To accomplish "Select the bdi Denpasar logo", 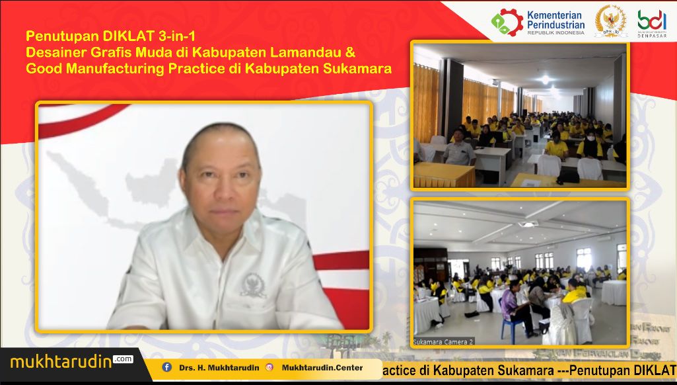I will click(x=651, y=22).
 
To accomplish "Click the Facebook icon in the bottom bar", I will click(x=166, y=367).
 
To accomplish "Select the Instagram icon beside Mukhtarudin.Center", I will click(x=269, y=367).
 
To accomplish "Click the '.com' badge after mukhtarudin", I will click(x=123, y=359).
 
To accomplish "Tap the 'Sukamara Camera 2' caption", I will click(x=443, y=342).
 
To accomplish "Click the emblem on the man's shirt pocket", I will click(x=253, y=284).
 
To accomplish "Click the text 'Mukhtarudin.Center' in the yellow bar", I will click(x=322, y=368).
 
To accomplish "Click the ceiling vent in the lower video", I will click(x=528, y=224).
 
